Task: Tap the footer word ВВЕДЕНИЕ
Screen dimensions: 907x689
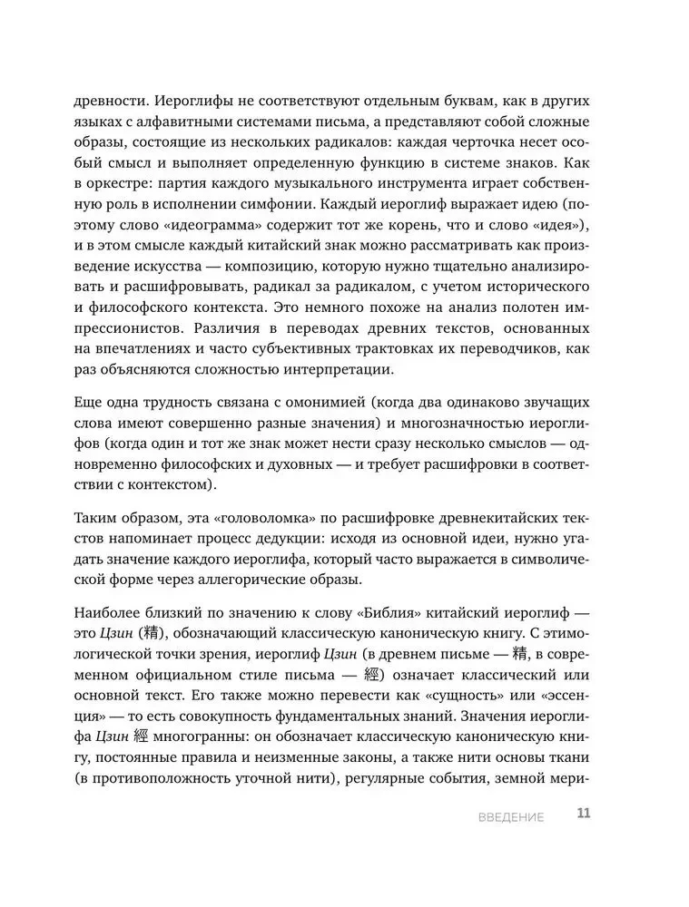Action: pos(511,817)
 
